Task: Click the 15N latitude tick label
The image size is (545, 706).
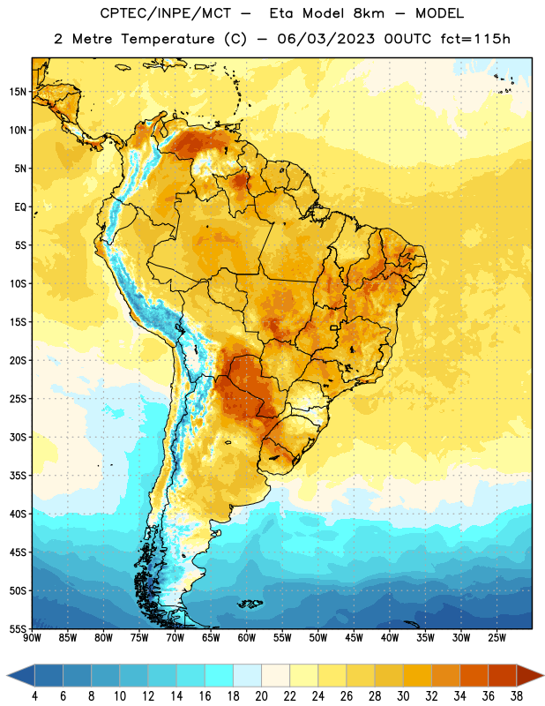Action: pyautogui.click(x=18, y=92)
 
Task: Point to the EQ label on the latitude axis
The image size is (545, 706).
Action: pyautogui.click(x=20, y=207)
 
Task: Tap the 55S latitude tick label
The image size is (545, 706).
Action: pyautogui.click(x=18, y=628)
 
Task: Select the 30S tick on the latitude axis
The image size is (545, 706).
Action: pyautogui.click(x=18, y=437)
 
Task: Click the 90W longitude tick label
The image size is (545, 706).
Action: pyautogui.click(x=32, y=638)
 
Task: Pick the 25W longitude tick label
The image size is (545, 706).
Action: pyautogui.click(x=496, y=638)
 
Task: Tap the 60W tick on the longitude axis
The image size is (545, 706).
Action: pyautogui.click(x=247, y=638)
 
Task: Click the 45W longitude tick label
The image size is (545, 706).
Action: pyautogui.click(x=354, y=638)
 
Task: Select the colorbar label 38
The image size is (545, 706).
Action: pyautogui.click(x=517, y=696)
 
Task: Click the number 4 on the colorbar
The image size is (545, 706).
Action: pyautogui.click(x=34, y=696)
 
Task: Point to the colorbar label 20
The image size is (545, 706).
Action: pyautogui.click(x=261, y=696)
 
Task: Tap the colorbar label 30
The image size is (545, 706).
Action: pyautogui.click(x=403, y=696)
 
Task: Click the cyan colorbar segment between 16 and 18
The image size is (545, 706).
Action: pyautogui.click(x=219, y=676)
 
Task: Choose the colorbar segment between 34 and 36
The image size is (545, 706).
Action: pyautogui.click(x=474, y=676)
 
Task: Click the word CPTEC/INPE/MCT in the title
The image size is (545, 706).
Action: pyautogui.click(x=165, y=13)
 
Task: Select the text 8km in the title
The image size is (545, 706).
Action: pyautogui.click(x=369, y=13)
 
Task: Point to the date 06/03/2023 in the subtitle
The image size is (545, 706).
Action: pyautogui.click(x=325, y=39)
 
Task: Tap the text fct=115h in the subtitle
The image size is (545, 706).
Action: pyautogui.click(x=475, y=39)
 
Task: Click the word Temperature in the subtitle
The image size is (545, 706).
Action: pyautogui.click(x=168, y=39)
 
